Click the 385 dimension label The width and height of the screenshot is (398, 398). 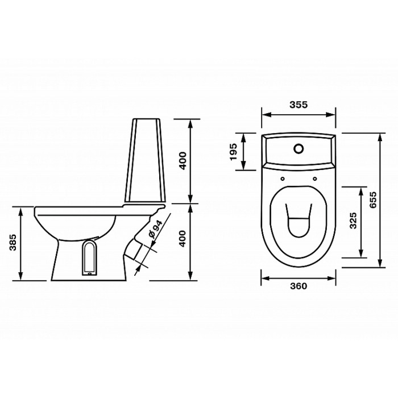[x=13, y=242]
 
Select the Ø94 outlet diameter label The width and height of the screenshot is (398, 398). [x=155, y=230]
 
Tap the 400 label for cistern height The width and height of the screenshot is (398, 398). [x=183, y=161]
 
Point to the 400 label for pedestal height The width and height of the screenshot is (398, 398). [x=183, y=239]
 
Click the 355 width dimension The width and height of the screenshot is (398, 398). [x=298, y=105]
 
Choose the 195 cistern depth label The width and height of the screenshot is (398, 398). [x=233, y=152]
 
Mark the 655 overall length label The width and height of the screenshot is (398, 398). [x=373, y=200]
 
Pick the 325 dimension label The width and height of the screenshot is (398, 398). [x=353, y=220]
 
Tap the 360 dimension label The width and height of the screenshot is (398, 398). [x=298, y=286]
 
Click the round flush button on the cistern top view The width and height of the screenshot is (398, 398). [x=299, y=149]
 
